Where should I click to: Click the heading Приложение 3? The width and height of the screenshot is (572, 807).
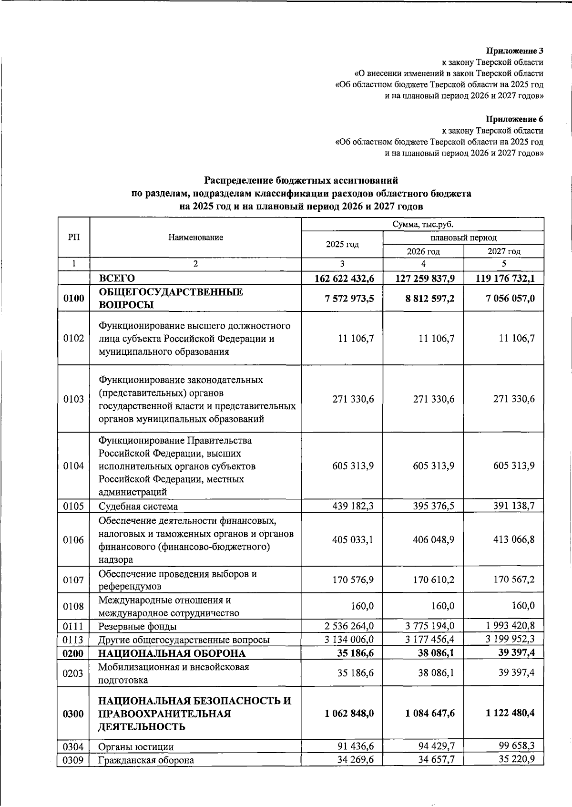pyautogui.click(x=514, y=51)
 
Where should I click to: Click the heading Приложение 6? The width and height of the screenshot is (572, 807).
pyautogui.click(x=514, y=119)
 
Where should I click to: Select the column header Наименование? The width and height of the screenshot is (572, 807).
pyautogui.click(x=195, y=238)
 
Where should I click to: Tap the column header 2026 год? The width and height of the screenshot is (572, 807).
pyautogui.click(x=423, y=251)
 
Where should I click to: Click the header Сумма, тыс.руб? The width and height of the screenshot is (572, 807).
pyautogui.click(x=423, y=224)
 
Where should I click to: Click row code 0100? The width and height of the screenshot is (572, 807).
pyautogui.click(x=73, y=299)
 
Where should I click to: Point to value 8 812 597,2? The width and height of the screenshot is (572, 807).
pyautogui.click(x=423, y=299)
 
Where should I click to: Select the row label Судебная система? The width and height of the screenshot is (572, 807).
pyautogui.click(x=138, y=507)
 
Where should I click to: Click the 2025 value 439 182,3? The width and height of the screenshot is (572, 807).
pyautogui.click(x=353, y=506)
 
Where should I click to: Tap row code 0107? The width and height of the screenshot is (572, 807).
pyautogui.click(x=73, y=580)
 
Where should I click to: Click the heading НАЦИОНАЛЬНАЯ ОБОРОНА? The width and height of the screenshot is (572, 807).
pyautogui.click(x=172, y=653)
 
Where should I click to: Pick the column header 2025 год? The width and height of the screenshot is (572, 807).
pyautogui.click(x=342, y=244)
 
